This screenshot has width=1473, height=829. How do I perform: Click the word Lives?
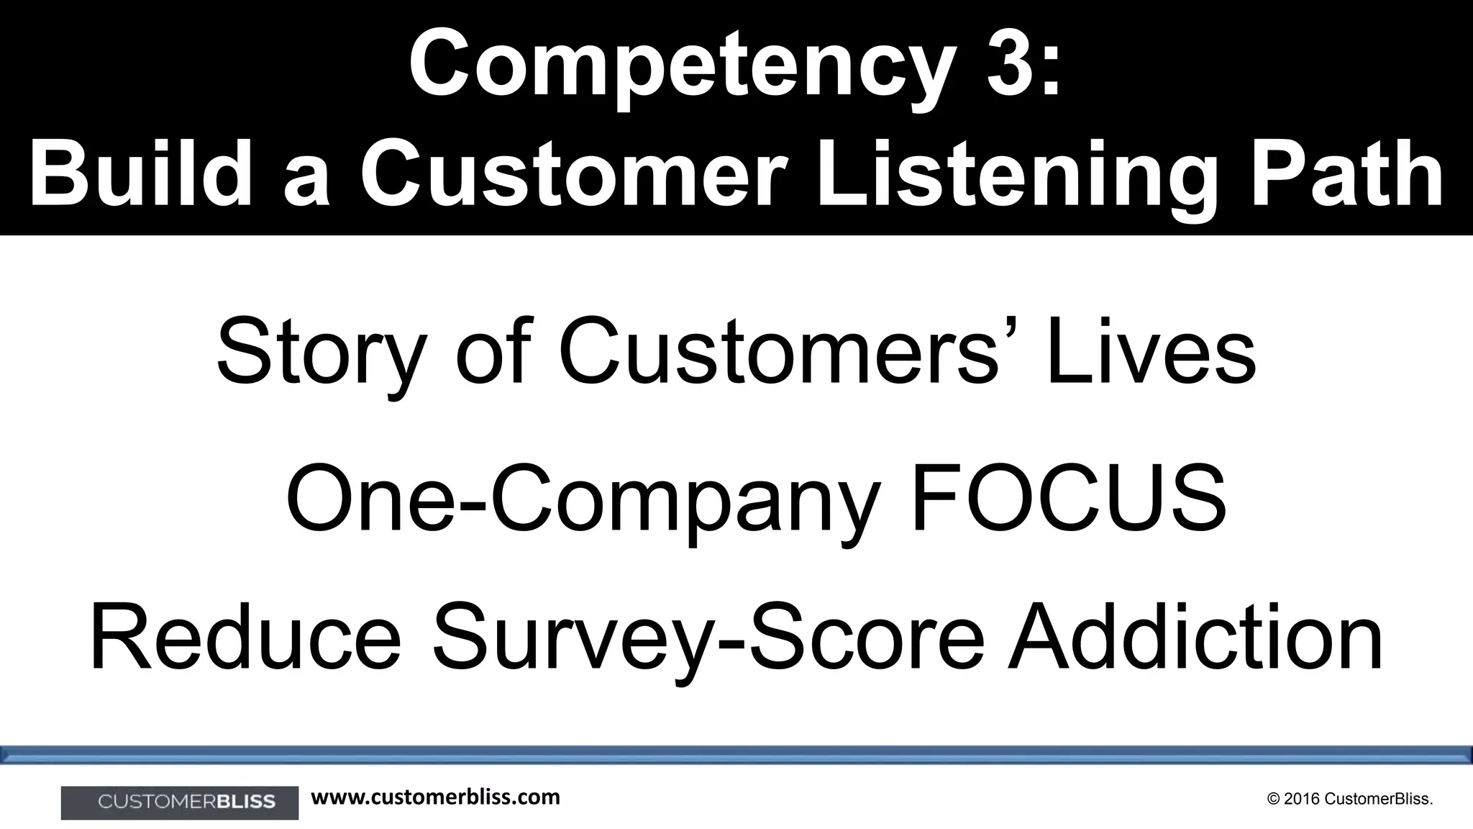pyautogui.click(x=1151, y=353)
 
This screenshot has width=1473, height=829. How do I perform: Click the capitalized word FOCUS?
pyautogui.click(x=1069, y=497)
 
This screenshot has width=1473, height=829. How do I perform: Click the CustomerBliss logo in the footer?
pyautogui.click(x=180, y=802)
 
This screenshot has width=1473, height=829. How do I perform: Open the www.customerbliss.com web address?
pyautogui.click(x=436, y=797)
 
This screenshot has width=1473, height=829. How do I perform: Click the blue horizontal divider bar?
pyautogui.click(x=736, y=754)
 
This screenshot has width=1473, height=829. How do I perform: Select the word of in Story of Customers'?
pyautogui.click(x=495, y=353)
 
